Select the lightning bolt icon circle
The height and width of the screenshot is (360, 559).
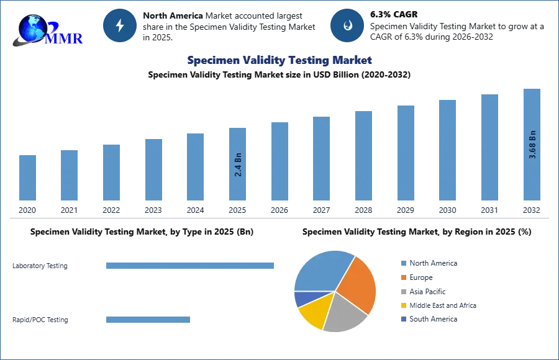(x=120, y=25)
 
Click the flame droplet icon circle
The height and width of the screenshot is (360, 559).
(x=347, y=25)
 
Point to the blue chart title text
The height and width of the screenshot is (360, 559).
(x=279, y=61)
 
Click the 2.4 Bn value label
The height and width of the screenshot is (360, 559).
(x=238, y=164)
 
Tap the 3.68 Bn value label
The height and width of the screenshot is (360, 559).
(x=532, y=145)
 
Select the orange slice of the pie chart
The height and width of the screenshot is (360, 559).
(x=358, y=284)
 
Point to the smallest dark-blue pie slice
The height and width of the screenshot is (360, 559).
(x=302, y=299)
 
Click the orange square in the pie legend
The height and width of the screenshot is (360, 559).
(x=402, y=278)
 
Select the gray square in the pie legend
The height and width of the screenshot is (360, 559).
(x=402, y=292)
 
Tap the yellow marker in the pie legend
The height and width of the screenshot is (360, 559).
(x=402, y=305)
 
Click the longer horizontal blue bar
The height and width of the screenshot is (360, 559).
(x=191, y=266)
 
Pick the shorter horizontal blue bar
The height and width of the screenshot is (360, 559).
(x=149, y=318)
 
